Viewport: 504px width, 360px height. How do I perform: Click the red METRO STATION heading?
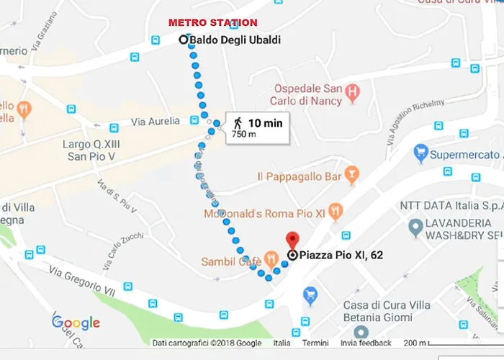[212, 23]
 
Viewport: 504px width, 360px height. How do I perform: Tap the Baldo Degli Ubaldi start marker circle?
[183, 40]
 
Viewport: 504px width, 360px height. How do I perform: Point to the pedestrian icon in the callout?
[238, 124]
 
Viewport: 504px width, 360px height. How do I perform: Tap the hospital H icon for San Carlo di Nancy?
[352, 91]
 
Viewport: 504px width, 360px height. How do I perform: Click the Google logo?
[76, 323]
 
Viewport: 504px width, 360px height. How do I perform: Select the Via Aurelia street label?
[155, 122]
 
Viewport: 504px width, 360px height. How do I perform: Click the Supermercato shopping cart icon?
[421, 153]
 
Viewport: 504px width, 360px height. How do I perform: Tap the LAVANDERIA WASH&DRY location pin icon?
[415, 228]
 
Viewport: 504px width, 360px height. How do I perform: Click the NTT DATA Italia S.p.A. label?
[451, 206]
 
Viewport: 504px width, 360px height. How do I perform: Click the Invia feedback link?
[366, 343]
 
